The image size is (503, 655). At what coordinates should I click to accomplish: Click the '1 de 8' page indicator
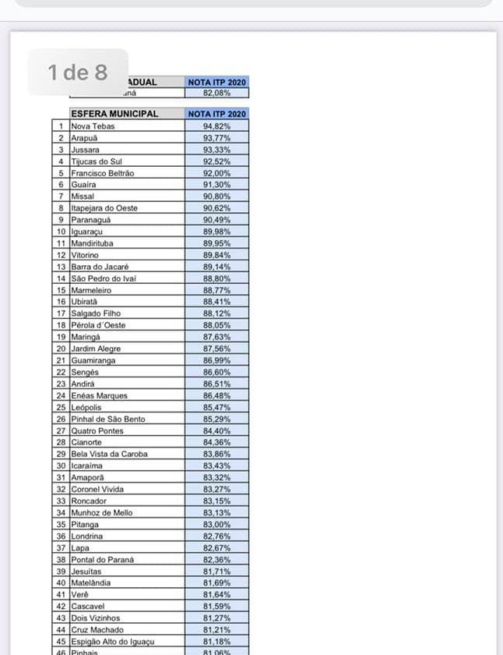[78, 73]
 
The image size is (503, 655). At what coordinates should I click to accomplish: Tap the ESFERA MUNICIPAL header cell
[114, 114]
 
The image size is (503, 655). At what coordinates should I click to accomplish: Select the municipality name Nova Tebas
[93, 126]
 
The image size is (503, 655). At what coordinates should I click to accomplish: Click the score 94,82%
[216, 126]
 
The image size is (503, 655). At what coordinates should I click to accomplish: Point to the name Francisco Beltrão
[102, 173]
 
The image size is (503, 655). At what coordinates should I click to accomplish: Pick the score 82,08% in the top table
[216, 93]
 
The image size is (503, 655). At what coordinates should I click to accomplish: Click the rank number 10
[60, 232]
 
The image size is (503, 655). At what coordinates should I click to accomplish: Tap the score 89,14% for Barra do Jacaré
[216, 267]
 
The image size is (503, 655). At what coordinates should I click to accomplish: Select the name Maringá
[86, 337]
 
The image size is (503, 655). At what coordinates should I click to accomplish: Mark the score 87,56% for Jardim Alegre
[216, 349]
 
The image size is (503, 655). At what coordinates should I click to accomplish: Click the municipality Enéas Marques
[99, 395]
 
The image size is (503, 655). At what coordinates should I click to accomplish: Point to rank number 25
[60, 407]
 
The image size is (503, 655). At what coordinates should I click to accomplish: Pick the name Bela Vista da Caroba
[109, 454]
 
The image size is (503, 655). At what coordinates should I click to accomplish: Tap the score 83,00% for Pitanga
[216, 525]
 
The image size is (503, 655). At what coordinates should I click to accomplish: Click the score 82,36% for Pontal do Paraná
[216, 560]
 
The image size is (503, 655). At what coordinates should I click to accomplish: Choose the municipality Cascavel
[88, 606]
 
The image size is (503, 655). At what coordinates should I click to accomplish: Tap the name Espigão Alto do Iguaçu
[113, 641]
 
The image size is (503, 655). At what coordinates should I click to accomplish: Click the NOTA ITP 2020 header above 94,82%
[216, 114]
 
